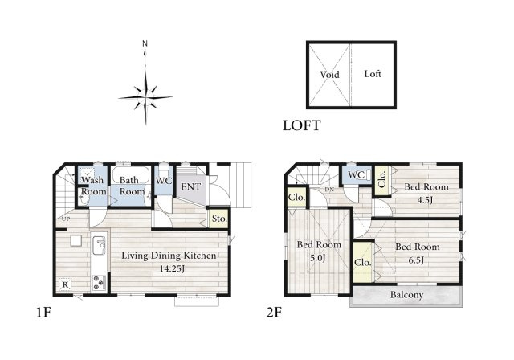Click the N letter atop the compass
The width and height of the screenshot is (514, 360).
(145, 43)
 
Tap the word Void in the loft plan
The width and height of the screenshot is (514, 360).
(329, 75)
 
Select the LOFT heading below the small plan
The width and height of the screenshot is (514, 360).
(302, 125)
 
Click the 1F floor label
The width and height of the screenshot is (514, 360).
(43, 313)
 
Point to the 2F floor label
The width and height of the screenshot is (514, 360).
(274, 313)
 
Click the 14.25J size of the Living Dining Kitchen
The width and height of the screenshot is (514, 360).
(172, 269)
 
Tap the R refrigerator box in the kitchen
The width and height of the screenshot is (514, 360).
(65, 284)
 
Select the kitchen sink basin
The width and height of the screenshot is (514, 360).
(99, 245)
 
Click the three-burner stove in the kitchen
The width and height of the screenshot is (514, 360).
(99, 283)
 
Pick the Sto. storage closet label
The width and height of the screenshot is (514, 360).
(219, 219)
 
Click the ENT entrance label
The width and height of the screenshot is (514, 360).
(191, 187)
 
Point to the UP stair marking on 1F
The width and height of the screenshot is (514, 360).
(66, 219)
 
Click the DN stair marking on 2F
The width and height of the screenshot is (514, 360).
(329, 190)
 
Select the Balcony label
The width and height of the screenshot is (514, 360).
(406, 295)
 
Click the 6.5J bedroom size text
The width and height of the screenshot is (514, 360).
(416, 260)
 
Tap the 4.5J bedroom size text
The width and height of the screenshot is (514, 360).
(425, 200)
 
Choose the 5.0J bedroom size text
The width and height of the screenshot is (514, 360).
(318, 258)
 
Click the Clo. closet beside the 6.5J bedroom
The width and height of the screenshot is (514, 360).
(363, 262)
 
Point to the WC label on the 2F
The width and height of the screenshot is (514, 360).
(357, 174)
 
